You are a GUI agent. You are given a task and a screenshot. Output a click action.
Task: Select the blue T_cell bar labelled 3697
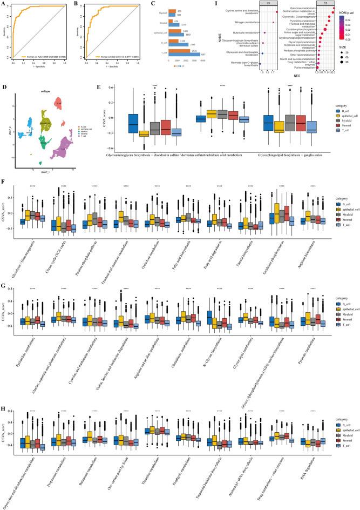click(x=187, y=54)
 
